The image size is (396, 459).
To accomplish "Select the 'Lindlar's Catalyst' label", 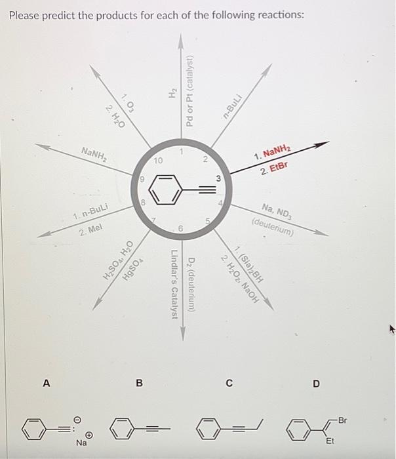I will pyautogui.click(x=174, y=286).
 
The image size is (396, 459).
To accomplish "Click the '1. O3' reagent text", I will pyautogui.click(x=129, y=102).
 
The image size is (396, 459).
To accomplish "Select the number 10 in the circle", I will pyautogui.click(x=158, y=160).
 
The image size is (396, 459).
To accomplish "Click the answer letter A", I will pyautogui.click(x=45, y=382).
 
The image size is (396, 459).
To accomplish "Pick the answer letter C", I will pyautogui.click(x=229, y=382).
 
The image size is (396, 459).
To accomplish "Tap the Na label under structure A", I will pyautogui.click(x=81, y=443).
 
